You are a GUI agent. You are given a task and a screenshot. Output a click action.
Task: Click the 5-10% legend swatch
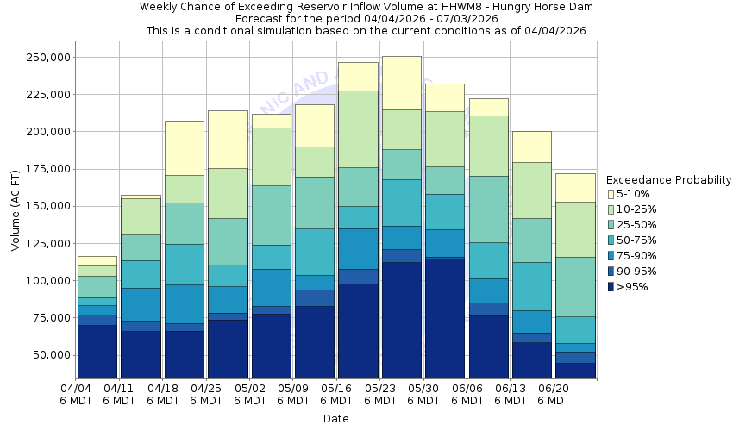pyautogui.click(x=612, y=194)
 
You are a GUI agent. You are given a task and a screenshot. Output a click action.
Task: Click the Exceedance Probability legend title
pyautogui.click(x=668, y=180)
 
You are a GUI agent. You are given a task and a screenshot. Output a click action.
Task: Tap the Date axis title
pyautogui.click(x=335, y=418)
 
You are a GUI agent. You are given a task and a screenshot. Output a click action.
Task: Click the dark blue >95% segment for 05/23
pyautogui.click(x=401, y=319)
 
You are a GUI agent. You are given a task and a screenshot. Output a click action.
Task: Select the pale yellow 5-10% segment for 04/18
pyautogui.click(x=184, y=148)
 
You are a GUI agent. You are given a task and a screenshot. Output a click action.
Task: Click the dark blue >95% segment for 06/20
pyautogui.click(x=575, y=371)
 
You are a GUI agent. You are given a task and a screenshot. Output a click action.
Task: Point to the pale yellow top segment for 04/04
pyautogui.click(x=97, y=260)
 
